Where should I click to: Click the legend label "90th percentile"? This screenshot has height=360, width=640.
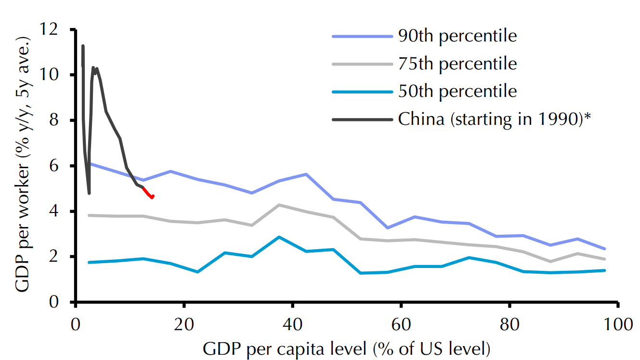(457, 36)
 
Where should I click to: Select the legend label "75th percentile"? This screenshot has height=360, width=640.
(457, 64)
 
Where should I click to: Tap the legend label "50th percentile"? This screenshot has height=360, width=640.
(457, 91)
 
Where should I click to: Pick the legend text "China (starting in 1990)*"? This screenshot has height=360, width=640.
(494, 119)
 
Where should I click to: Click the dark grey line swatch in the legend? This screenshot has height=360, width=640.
(362, 119)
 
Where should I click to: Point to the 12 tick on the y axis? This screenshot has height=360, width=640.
(57, 29)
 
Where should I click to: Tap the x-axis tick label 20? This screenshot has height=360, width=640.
(184, 324)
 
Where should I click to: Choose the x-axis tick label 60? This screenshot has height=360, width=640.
(401, 324)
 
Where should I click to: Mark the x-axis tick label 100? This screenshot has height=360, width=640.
(618, 324)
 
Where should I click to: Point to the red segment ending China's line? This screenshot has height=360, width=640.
(148, 192)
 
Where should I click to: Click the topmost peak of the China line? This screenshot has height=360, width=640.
(83, 46)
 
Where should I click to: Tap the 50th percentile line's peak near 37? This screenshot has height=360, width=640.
(279, 237)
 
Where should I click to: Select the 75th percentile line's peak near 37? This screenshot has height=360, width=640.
(279, 205)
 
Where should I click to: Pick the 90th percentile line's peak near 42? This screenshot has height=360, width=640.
(306, 174)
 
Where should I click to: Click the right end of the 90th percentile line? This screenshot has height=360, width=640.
(604, 249)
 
